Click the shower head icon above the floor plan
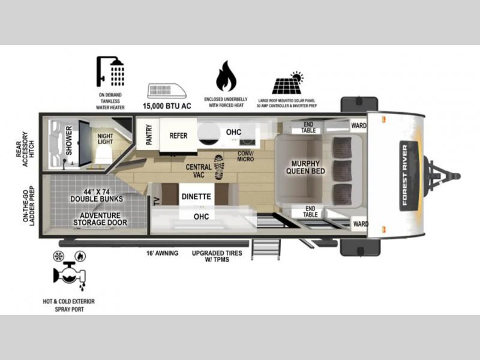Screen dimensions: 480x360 click(110, 71)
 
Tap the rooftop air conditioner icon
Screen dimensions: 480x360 click(167, 91)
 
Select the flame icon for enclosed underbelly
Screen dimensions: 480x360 click(226, 76)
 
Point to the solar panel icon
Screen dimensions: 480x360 click(288, 83)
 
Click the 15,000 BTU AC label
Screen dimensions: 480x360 click(167, 106)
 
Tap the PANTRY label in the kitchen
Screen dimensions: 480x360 click(149, 134)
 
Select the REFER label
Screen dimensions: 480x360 click(178, 136)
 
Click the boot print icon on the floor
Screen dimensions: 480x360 click(219, 167)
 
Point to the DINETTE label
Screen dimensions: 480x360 click(196, 197)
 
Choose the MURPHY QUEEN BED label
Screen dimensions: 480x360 click(305, 167)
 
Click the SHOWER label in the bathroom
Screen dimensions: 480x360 click(69, 140)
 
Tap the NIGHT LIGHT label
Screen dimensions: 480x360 click(106, 139)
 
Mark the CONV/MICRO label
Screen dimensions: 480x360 click(245, 156)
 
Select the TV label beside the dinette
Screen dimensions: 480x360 click(157, 201)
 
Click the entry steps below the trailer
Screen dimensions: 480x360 click(265, 249)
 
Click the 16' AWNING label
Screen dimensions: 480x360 click(162, 253)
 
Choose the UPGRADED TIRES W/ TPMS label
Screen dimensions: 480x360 click(217, 256)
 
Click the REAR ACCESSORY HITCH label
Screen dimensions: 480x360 click(26, 149)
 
